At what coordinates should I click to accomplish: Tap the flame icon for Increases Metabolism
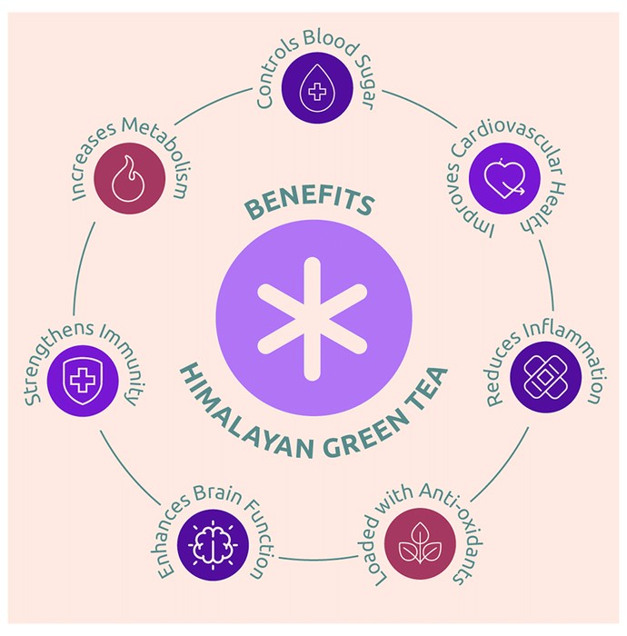[x=128, y=179]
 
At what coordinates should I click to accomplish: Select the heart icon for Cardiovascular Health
[x=505, y=178]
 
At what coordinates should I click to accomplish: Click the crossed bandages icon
[x=544, y=377]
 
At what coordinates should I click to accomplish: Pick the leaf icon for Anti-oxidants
[x=420, y=543]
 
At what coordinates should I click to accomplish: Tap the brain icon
[x=213, y=545]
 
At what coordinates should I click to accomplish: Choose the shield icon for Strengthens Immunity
[x=83, y=381]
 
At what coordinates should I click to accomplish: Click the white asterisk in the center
[x=313, y=319]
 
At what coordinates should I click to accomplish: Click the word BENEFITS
[x=309, y=203]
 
